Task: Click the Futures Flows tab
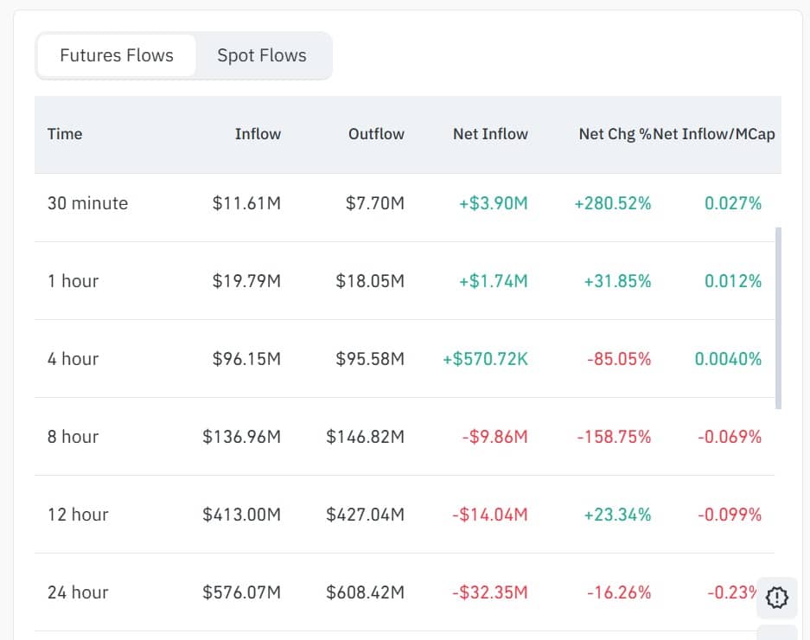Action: pos(117,55)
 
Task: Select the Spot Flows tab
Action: pos(262,55)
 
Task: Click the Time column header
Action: pos(65,134)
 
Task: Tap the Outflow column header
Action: pos(376,134)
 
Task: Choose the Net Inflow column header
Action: pos(490,134)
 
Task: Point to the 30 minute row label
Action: pos(87,203)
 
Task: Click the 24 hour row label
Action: pos(78,592)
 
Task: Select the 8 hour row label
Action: pos(73,437)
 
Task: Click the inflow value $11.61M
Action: pos(246,203)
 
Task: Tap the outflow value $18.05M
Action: pos(370,281)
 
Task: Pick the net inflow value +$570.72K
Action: pos(485,359)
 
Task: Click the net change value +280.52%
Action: pos(613,203)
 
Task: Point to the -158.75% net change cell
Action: pos(614,437)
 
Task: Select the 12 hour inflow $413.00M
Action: pos(242,515)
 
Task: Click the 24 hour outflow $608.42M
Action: pos(365,592)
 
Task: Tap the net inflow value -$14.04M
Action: pos(489,515)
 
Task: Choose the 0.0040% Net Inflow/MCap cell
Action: pos(728,359)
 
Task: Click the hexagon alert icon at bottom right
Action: pos(776,597)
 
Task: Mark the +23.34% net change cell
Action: pos(617,515)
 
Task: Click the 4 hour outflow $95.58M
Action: pos(370,359)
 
